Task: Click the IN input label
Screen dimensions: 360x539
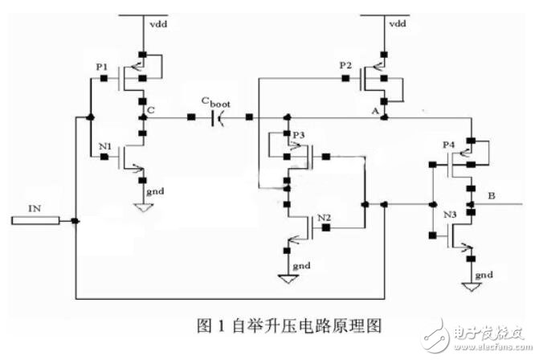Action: (x=35, y=209)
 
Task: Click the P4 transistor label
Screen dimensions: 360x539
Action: (x=450, y=145)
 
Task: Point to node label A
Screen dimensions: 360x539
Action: (x=375, y=112)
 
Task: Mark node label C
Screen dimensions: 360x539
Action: (x=153, y=103)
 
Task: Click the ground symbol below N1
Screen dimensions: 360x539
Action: (x=141, y=207)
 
